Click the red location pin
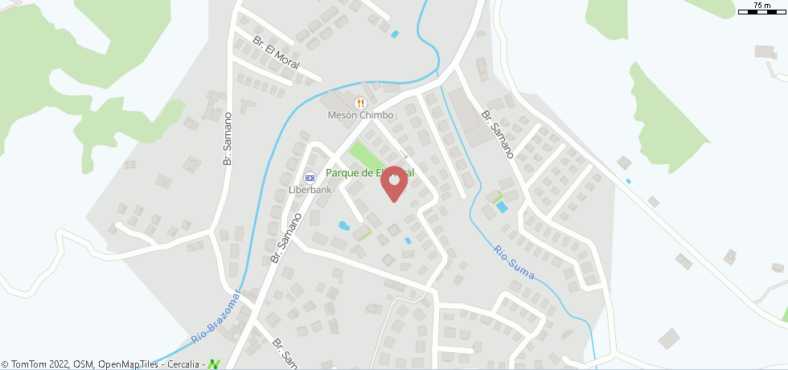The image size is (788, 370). point(394,181)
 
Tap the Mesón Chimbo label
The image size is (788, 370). point(360,115)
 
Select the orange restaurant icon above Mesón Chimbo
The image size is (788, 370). point(360,102)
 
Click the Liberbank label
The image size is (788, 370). point(310,191)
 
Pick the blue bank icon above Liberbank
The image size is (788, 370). point(310,178)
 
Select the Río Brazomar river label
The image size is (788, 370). point(216,319)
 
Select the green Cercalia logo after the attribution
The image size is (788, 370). point(214,364)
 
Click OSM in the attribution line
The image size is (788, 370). point(83,364)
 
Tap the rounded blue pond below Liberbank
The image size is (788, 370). point(343,226)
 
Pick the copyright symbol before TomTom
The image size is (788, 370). point(6,364)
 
